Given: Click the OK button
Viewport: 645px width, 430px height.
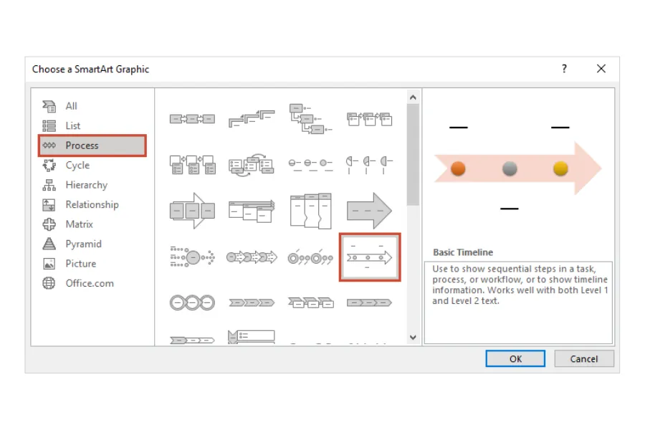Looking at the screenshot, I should (x=515, y=358).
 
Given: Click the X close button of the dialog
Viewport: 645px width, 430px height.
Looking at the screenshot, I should (x=601, y=69).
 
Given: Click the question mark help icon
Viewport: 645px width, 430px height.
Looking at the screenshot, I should (x=564, y=69).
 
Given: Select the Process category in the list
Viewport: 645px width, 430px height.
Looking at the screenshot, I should (x=82, y=145).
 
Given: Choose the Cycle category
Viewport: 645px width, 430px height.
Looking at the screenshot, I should (x=77, y=165).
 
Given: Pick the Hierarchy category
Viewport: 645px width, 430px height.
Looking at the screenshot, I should (x=86, y=185).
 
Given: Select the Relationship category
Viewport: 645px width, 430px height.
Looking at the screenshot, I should (x=92, y=204).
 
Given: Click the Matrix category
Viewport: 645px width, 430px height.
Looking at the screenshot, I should (x=79, y=224).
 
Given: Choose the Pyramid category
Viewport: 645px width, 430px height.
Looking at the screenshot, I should (x=83, y=244).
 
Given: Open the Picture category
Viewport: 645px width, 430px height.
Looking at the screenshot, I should (x=80, y=264).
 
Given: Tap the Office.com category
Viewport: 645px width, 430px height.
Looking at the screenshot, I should (x=89, y=283).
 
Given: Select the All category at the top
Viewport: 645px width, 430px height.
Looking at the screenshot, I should (x=71, y=106).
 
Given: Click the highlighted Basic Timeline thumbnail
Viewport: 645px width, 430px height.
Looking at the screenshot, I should (x=369, y=257).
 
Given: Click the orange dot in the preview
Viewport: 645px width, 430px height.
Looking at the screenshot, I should (x=459, y=168).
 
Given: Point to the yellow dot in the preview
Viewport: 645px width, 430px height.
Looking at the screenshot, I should (x=560, y=168).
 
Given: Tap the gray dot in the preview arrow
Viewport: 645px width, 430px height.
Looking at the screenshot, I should (x=510, y=168).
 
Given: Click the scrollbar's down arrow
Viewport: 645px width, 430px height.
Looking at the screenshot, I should (x=413, y=337).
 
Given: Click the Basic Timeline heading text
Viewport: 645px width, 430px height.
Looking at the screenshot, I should (x=462, y=252).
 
